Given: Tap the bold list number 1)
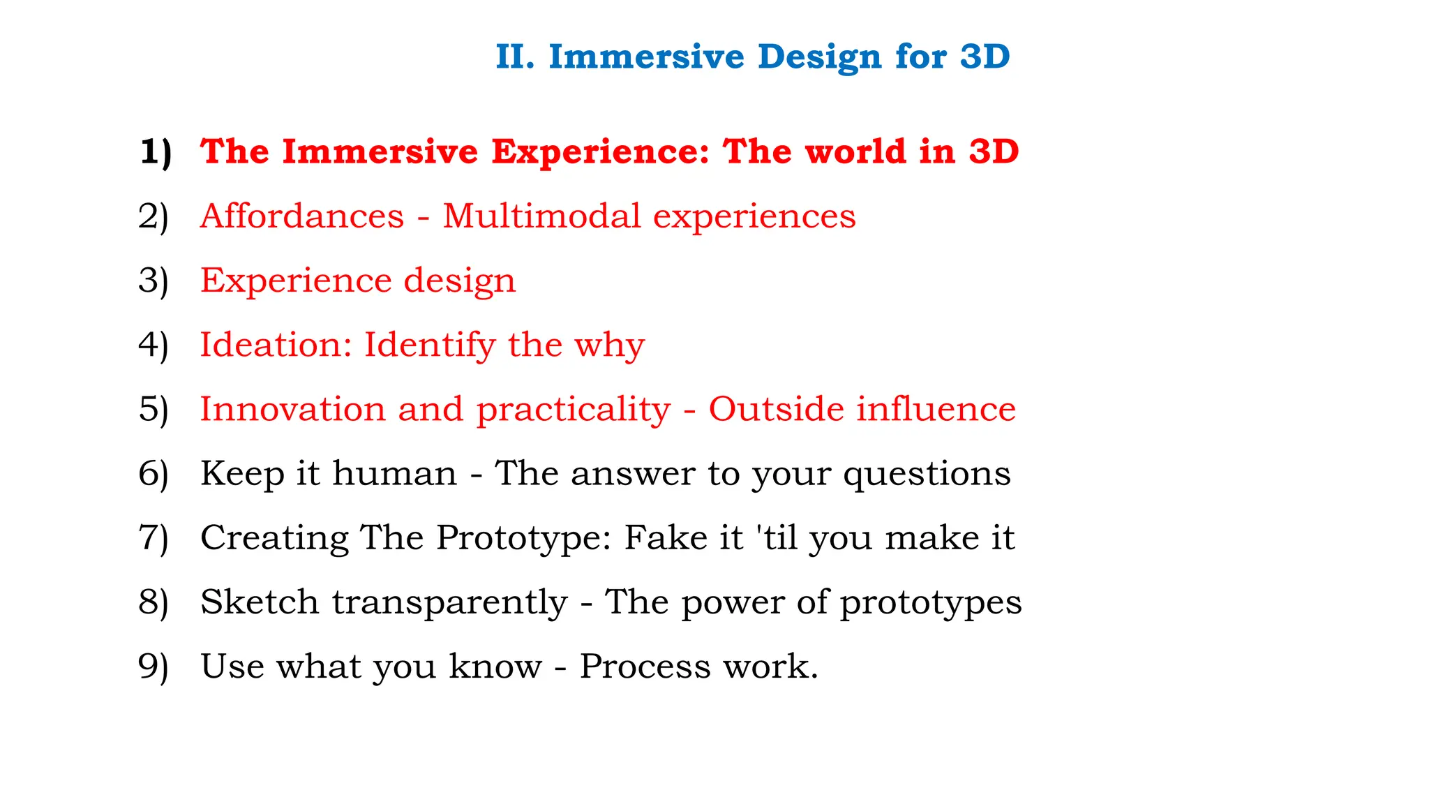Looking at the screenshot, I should [155, 152].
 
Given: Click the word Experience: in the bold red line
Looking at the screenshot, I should [600, 152].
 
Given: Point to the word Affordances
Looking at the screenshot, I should [302, 216].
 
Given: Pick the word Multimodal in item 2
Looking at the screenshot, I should [541, 216].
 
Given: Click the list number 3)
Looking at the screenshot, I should [154, 281].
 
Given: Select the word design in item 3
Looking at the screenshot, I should [460, 281].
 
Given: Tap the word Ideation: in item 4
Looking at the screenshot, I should [276, 345].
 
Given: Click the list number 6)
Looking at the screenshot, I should [154, 474].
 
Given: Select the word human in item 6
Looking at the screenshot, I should [395, 473].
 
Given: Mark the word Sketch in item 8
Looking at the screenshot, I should [260, 602].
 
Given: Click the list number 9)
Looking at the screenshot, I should [154, 667].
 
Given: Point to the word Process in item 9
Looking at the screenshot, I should [645, 667].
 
